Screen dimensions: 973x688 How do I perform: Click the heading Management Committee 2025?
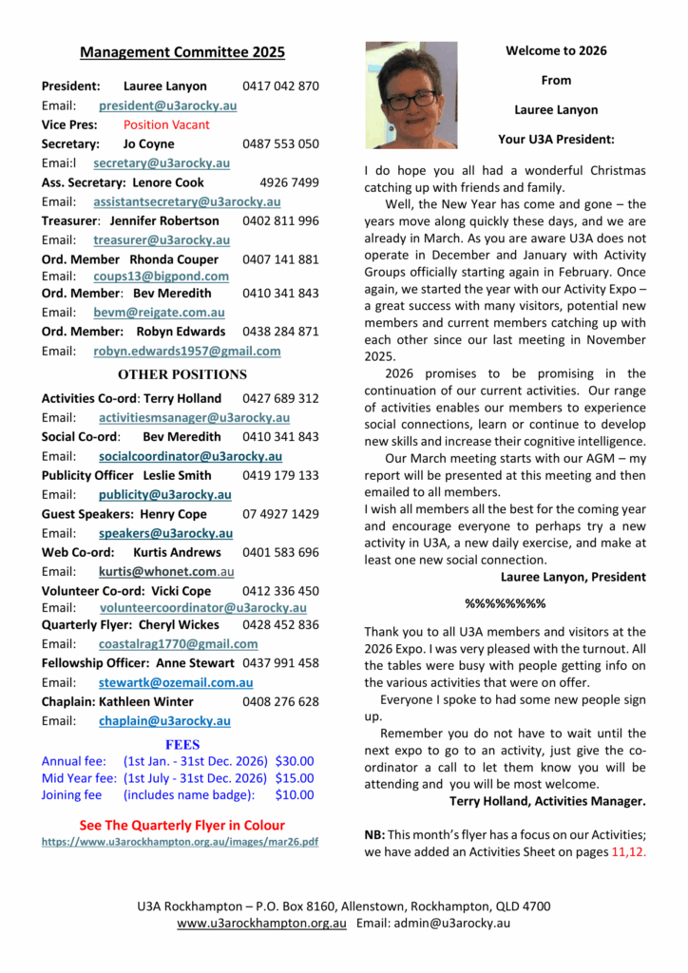coord(182,52)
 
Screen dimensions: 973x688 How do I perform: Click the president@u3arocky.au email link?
coord(167,105)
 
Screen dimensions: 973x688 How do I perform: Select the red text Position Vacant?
coord(166,124)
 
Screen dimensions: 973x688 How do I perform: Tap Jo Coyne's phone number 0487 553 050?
coord(280,144)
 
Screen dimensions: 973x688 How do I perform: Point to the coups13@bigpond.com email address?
coord(161,277)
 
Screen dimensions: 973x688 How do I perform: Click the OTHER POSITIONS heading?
coord(182,374)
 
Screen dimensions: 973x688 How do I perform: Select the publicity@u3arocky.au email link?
coord(164,494)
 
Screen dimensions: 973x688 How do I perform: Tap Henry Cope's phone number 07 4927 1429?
coord(280,514)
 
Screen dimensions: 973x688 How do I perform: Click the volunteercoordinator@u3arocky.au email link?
coord(202,607)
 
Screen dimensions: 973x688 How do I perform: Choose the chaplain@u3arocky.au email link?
coord(163,721)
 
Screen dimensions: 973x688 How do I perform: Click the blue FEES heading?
coord(182,744)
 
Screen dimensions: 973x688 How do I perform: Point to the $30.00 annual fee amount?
coord(294,761)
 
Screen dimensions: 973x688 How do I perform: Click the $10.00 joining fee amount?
coord(294,795)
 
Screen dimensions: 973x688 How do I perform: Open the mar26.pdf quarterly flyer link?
coord(180,842)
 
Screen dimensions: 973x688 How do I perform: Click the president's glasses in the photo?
coord(411,98)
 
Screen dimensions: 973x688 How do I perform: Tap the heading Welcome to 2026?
coord(556,51)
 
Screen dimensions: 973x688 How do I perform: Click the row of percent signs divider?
coord(505,603)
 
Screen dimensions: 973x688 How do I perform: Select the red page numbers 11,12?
coord(629,852)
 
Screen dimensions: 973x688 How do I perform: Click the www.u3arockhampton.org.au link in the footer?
coord(261,923)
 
